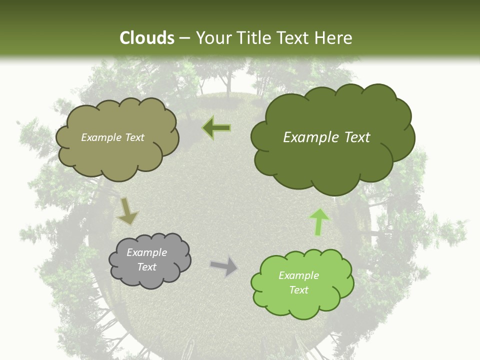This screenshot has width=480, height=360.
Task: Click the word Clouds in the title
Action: [x=147, y=38]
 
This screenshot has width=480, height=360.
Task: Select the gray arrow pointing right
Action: [x=224, y=266]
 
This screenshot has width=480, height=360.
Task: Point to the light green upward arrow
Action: [x=319, y=221]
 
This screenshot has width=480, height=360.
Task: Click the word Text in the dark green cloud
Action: [x=357, y=137]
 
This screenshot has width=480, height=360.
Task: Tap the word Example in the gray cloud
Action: [x=146, y=253]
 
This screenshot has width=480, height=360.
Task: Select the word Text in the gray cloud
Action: [x=146, y=267]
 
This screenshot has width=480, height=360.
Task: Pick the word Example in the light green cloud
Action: [x=298, y=275]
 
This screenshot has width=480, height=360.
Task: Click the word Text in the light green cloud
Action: [x=298, y=290]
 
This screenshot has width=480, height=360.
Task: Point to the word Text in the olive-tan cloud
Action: [x=134, y=137]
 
